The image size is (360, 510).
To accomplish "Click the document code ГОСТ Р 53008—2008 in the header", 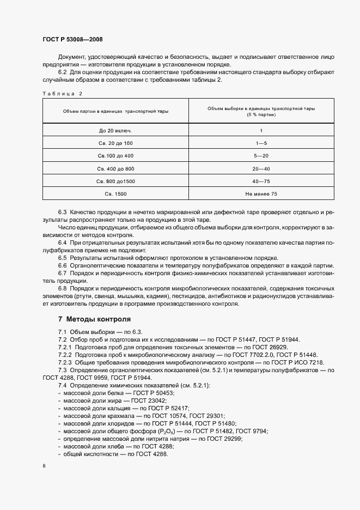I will tap(72, 40).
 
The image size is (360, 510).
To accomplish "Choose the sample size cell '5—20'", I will tap(261, 155).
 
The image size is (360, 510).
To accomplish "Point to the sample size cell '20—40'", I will tap(261, 168).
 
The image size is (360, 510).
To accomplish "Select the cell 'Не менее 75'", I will tap(261, 193).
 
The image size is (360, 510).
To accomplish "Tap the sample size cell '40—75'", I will tap(261, 180).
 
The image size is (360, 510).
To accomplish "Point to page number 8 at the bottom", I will tap(44, 466).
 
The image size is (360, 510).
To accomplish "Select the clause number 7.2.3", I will tap(66, 362).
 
